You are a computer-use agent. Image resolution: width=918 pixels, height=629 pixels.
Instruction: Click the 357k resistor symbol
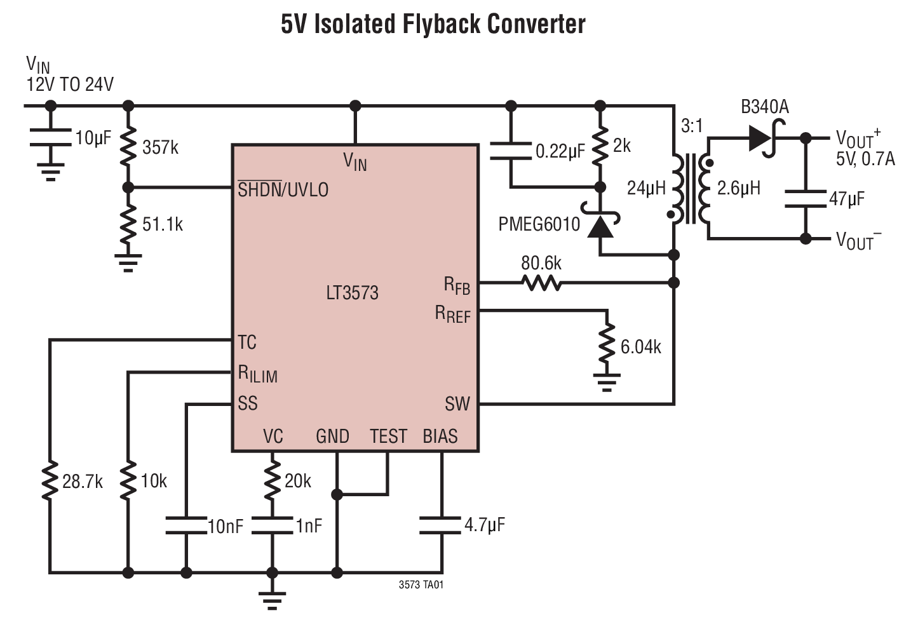[128, 147]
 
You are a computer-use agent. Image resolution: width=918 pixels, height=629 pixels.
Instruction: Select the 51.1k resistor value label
[163, 224]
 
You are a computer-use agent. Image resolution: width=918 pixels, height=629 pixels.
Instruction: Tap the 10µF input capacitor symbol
[50, 138]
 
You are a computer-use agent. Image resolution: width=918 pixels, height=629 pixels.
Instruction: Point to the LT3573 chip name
[352, 293]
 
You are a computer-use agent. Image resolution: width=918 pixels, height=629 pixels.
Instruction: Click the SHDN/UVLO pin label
[283, 189]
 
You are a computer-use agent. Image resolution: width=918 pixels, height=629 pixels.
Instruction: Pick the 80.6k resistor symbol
[541, 283]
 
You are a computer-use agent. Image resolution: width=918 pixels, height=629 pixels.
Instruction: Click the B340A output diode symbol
[762, 138]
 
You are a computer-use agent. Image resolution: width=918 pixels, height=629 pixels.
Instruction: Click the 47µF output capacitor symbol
[806, 198]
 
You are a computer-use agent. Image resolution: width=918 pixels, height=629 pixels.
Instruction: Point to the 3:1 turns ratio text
[692, 126]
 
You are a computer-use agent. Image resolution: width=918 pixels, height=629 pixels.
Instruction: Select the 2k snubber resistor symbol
[600, 147]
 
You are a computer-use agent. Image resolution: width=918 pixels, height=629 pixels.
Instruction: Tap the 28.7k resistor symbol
[50, 482]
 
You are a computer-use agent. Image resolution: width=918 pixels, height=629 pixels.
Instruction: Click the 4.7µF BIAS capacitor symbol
[440, 525]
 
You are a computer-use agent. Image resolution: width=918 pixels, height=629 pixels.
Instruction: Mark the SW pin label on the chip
[457, 404]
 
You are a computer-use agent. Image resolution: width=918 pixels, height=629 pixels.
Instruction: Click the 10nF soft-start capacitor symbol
[186, 525]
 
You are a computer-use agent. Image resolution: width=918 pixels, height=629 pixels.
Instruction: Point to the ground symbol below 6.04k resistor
[607, 381]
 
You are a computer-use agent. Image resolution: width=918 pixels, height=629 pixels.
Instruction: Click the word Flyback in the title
[440, 24]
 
